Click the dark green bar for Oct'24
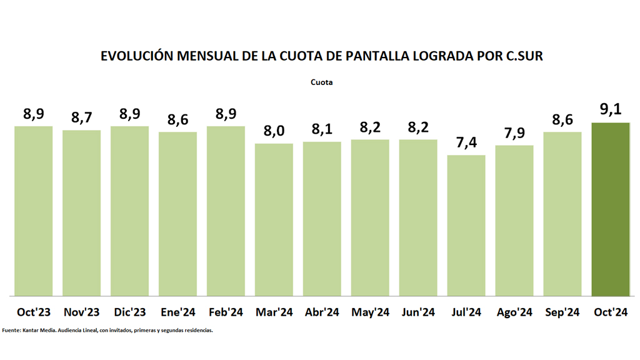coord(611,209)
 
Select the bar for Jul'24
coord(466,225)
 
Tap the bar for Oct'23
coord(34,211)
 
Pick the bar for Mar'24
coord(274,219)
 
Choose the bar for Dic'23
coord(130,211)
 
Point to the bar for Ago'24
coord(514,220)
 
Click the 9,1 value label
coord(611,110)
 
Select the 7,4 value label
coord(466,142)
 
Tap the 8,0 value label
coord(274,131)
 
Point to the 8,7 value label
coord(82,117)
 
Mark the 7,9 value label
coord(514,133)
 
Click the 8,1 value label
coord(322,129)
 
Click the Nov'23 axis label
coord(82,312)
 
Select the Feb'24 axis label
coord(226,312)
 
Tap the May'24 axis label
coord(370,312)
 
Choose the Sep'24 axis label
coord(562,312)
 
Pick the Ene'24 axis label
coord(177,312)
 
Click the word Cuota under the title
coord(321,82)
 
